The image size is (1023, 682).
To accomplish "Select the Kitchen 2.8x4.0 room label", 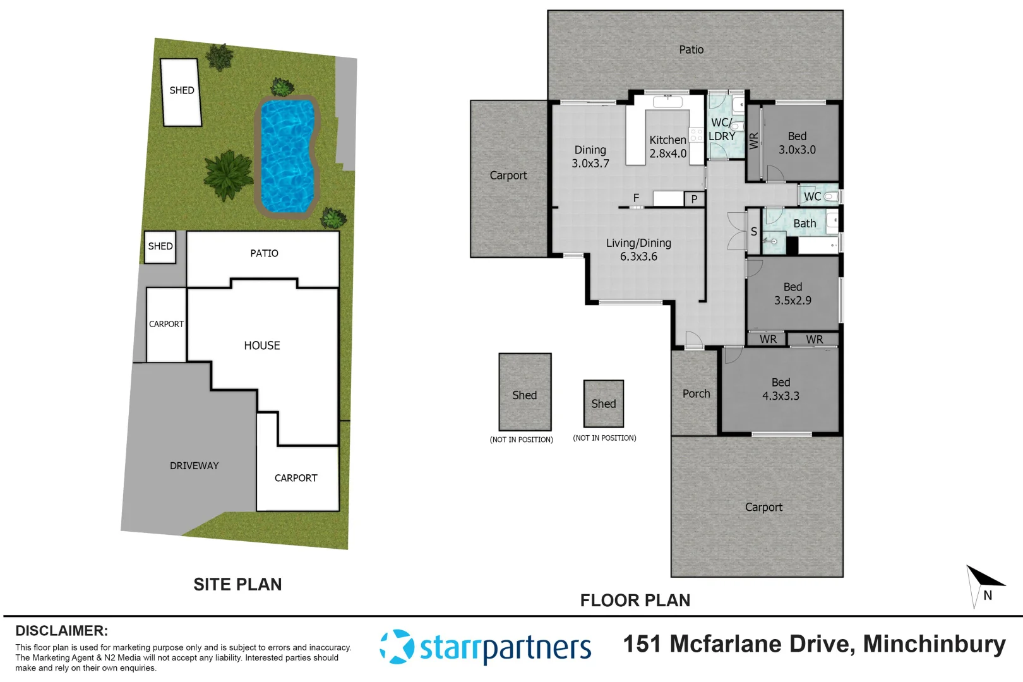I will pos(667,147).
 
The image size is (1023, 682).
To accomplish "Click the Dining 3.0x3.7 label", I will pos(590,157).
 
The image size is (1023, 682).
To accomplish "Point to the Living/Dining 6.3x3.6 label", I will pos(638,249).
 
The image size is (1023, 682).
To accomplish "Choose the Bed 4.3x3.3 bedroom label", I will pos(781,389).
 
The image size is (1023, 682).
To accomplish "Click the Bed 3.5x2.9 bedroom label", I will pos(793,294).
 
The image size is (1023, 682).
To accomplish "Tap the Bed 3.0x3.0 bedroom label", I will pos(797,143).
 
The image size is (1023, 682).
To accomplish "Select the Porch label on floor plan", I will pos(696,393).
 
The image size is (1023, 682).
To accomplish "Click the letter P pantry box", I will pos(694,199).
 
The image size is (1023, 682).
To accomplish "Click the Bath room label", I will pos(805,224).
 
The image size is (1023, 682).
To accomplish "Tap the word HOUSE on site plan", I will pos(262,345).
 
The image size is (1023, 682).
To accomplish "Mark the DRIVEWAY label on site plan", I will pos(194,465).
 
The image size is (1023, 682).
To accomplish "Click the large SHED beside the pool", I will pos(181,92).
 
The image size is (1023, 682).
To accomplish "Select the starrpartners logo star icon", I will pos(396,647).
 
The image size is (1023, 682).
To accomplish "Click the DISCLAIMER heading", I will pos(61,630).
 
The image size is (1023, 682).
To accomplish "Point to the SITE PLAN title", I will pos(237,584).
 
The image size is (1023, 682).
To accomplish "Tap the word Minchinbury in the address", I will pos(934,643).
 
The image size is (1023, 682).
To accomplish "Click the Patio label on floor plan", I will pos(691,49).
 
